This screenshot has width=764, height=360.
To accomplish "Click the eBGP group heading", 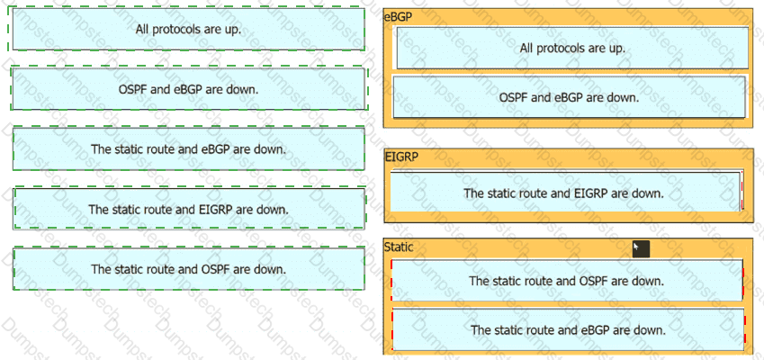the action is [398, 17].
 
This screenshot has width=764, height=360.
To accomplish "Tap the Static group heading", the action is [399, 247].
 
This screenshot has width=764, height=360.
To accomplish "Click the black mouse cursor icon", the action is [641, 248].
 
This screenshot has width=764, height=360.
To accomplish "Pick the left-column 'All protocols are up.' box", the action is [188, 29].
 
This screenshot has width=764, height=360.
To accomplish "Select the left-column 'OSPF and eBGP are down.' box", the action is [188, 89].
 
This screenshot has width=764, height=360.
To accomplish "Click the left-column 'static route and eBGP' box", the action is [188, 149].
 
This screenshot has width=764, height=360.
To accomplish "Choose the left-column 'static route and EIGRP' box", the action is [188, 209].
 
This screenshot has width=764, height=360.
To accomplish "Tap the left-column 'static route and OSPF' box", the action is [188, 269].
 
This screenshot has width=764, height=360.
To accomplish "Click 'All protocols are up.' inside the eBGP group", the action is [572, 49].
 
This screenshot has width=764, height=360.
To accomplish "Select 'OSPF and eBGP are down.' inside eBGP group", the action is [569, 97].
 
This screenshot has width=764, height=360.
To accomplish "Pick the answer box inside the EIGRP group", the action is [565, 193].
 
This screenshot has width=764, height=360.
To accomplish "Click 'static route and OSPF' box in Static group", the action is [567, 281].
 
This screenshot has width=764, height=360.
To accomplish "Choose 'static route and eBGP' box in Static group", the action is [568, 329].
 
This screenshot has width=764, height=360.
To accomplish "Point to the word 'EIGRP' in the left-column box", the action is [215, 210].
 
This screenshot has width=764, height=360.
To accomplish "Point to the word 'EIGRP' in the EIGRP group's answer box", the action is [590, 193].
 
